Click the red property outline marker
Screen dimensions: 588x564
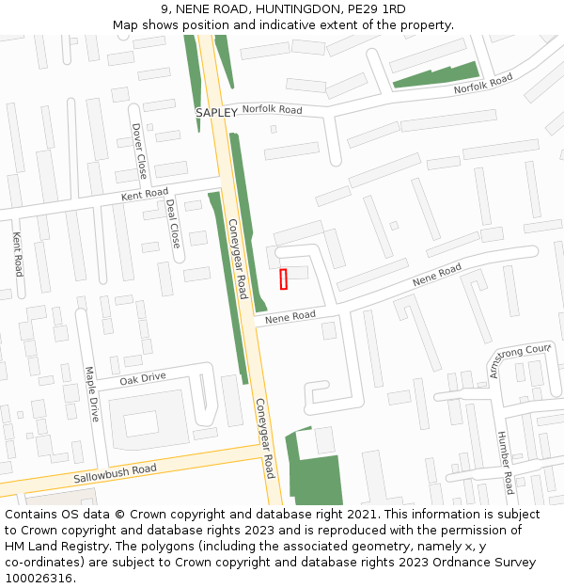pos(283,278)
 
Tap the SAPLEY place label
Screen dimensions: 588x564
pos(216,113)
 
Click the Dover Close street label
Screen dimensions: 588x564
pos(139,151)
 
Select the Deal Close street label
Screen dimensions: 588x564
pos(173,223)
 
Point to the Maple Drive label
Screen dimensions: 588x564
pos(92,393)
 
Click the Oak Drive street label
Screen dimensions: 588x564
pos(143,377)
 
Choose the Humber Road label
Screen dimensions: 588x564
pos(505,462)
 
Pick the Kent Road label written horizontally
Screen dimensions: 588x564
pos(145,194)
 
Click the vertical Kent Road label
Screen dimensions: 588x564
pos(18,254)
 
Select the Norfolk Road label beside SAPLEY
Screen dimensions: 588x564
pos(272,110)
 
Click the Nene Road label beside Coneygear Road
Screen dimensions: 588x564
pos(290,317)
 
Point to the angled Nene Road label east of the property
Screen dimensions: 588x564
pos(437,276)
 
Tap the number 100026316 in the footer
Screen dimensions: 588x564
pos(38,578)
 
